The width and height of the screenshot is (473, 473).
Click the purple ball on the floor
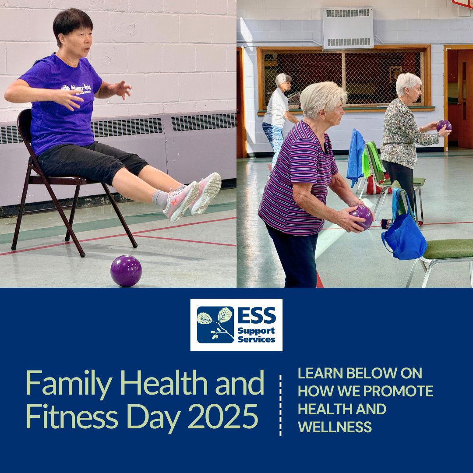(x=126, y=271)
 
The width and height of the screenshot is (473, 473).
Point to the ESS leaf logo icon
(x=215, y=325)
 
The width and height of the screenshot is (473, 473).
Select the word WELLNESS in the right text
(x=335, y=427)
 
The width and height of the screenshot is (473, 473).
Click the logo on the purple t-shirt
(x=76, y=88)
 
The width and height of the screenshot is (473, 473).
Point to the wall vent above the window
(x=347, y=28)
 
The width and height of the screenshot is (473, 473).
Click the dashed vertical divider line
(x=280, y=405)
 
